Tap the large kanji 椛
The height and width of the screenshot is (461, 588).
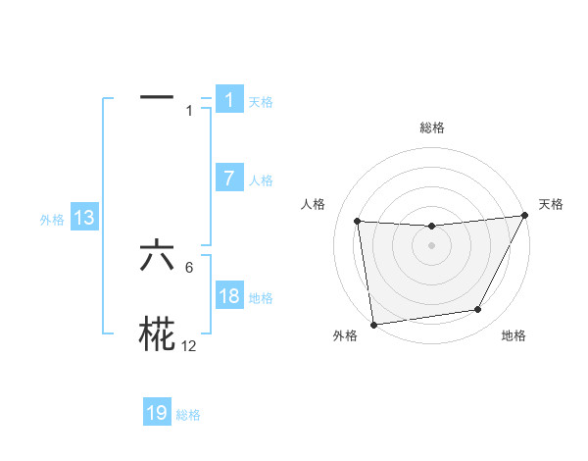click(157, 334)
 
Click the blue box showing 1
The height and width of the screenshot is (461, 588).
click(229, 100)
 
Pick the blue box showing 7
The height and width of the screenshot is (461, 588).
click(229, 179)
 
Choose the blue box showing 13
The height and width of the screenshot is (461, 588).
click(84, 219)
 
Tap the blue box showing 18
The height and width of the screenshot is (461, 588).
click(229, 296)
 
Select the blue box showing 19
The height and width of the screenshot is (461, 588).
click(157, 413)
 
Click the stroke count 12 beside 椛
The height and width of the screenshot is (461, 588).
click(189, 346)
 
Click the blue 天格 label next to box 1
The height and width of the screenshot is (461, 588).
click(261, 102)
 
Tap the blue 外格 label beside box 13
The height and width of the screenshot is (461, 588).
click(52, 221)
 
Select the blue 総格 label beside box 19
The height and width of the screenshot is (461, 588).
click(188, 415)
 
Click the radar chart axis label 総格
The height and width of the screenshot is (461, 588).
click(431, 128)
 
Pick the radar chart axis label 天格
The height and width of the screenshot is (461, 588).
click(551, 204)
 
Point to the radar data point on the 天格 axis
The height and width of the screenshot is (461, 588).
click(524, 216)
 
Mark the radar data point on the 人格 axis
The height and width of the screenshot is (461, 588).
click(357, 221)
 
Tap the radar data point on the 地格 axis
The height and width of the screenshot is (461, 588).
click(478, 310)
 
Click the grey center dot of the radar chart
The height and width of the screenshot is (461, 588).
click(431, 245)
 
